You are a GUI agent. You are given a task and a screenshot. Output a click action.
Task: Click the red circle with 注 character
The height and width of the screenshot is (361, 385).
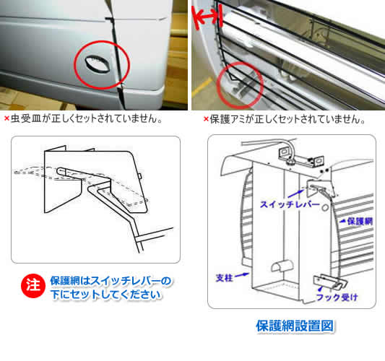pyautogui.click(x=33, y=286)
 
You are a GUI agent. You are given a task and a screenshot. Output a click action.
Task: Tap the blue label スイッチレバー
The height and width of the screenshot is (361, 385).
pyautogui.click(x=290, y=204)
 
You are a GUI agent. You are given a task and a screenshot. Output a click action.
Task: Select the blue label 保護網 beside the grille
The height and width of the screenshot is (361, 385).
pyautogui.click(x=360, y=222)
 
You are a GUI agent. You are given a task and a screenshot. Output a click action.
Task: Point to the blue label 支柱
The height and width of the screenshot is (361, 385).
pyautogui.click(x=224, y=278)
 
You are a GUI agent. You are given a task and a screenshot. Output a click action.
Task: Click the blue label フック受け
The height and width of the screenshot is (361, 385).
pyautogui.click(x=337, y=297)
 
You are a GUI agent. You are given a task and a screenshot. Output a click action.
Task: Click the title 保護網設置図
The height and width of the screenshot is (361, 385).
pyautogui.click(x=295, y=326)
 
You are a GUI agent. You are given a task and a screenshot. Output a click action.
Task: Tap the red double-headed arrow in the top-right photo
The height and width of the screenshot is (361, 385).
pyautogui.click(x=208, y=17)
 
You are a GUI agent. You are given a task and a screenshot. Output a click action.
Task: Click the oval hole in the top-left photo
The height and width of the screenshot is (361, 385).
pyautogui.click(x=98, y=64)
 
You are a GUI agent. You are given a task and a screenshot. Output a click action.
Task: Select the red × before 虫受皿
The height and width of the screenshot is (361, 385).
pyautogui.click(x=7, y=118)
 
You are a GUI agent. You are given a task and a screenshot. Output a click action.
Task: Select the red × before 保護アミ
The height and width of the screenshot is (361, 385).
pyautogui.click(x=206, y=119)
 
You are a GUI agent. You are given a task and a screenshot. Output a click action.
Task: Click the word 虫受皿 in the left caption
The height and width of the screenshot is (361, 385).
pyautogui.click(x=26, y=118)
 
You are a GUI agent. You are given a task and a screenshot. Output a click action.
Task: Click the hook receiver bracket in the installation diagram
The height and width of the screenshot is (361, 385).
pyautogui.click(x=330, y=282)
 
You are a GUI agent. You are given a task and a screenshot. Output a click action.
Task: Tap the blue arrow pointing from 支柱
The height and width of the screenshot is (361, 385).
pyautogui.click(x=242, y=275)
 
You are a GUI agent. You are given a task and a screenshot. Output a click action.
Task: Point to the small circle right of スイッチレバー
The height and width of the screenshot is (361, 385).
pyautogui.click(x=325, y=207)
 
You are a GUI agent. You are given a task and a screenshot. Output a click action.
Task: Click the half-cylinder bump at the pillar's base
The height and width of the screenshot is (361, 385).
pyautogui.click(x=282, y=266)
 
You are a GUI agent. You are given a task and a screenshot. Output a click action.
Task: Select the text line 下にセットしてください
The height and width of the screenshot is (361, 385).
pyautogui.click(x=106, y=295)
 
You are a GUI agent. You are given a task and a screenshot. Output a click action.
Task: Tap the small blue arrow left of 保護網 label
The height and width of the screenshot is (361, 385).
pyautogui.click(x=342, y=221)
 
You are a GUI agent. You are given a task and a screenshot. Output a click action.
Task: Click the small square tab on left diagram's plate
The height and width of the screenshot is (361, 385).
pyautogui.click(x=139, y=176)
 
